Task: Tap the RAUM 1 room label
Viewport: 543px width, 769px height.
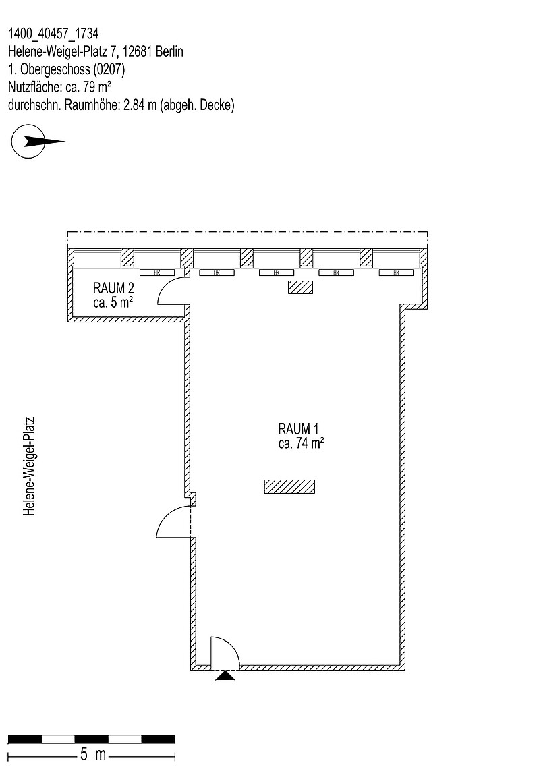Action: click(x=297, y=428)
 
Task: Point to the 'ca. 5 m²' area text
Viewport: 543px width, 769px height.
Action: click(x=113, y=303)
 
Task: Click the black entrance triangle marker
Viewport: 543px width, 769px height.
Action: click(x=225, y=675)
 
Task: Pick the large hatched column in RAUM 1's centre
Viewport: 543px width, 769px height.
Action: click(x=289, y=486)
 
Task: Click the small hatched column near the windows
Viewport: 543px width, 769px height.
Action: click(x=300, y=287)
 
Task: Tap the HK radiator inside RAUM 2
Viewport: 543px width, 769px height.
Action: click(x=156, y=273)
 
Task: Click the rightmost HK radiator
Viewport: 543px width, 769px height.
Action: click(x=396, y=273)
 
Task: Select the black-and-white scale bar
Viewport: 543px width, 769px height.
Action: click(x=92, y=739)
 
